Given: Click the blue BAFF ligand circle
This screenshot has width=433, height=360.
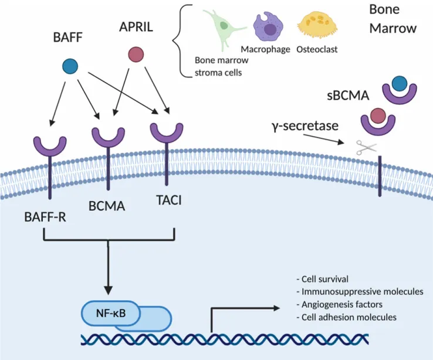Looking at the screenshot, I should tap(70, 66).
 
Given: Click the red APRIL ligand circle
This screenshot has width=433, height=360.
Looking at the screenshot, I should tap(136, 55).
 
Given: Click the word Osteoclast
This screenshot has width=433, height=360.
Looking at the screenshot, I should tap(317, 49).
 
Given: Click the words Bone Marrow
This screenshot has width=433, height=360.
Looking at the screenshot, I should tap(393, 19).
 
